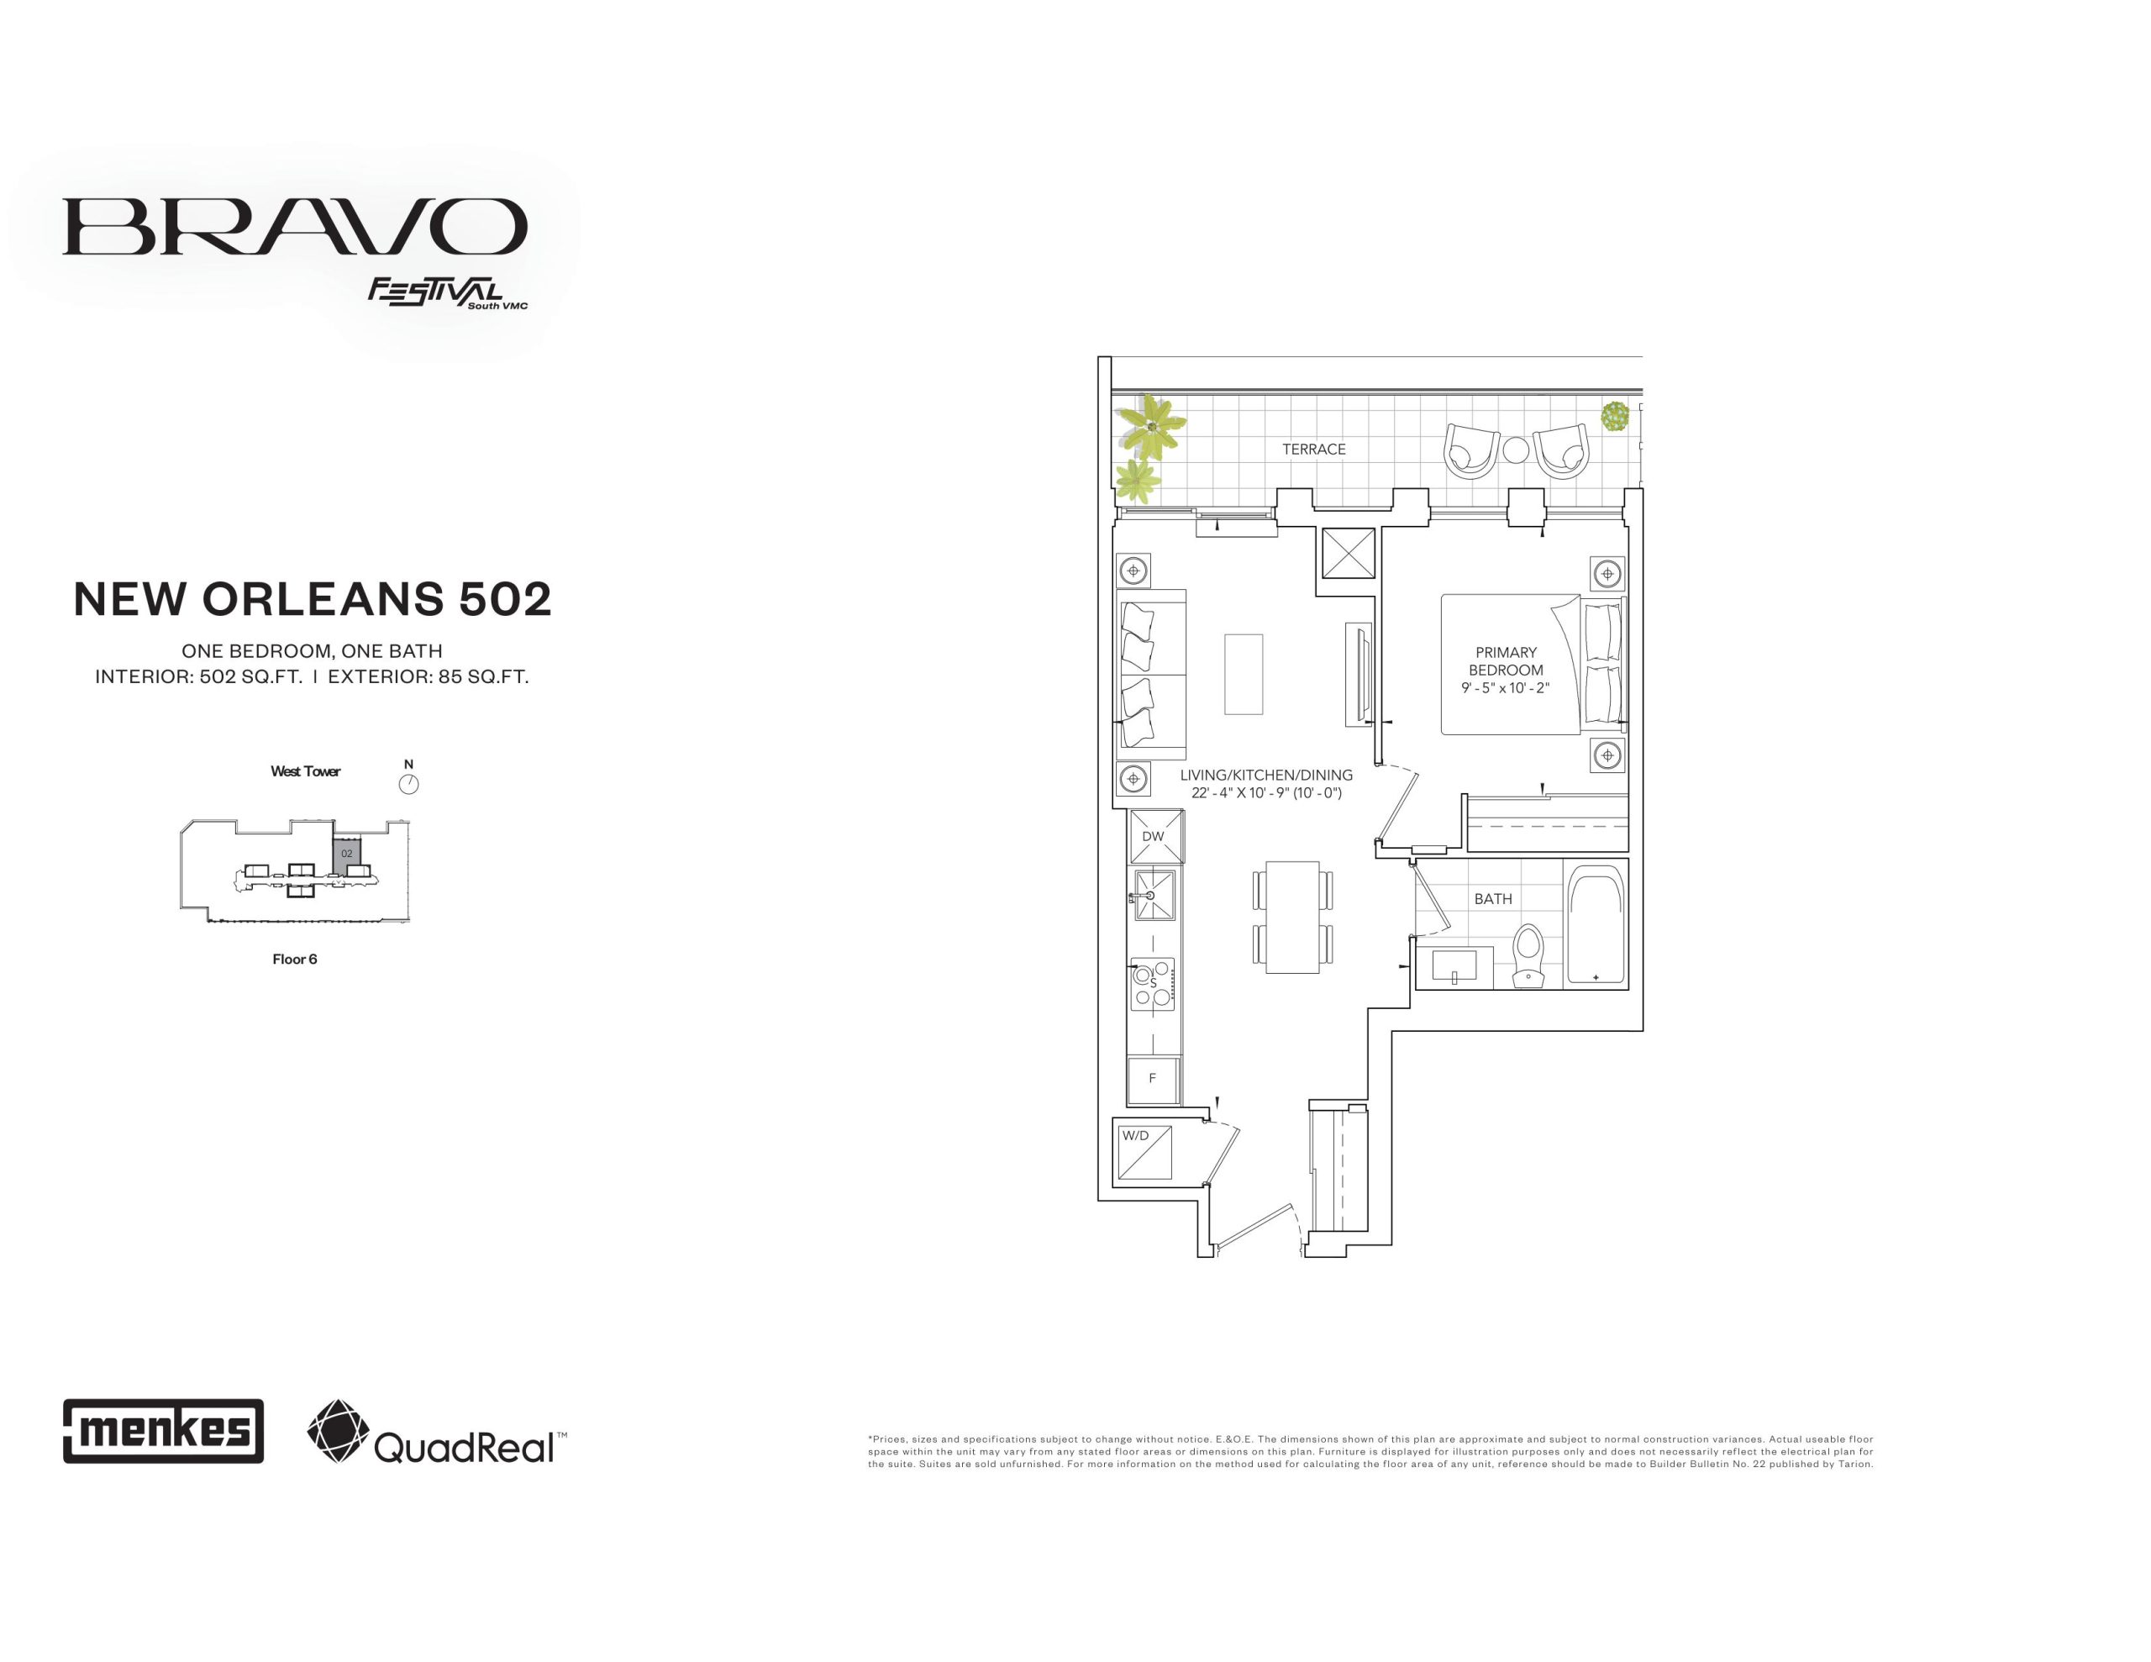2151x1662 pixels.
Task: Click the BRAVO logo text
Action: [294, 228]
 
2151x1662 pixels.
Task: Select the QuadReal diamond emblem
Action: [339, 1430]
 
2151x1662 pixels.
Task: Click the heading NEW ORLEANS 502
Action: [313, 599]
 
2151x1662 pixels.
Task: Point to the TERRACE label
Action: [1314, 450]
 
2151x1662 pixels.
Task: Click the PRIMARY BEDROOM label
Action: [1506, 661]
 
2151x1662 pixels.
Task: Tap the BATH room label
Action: [1493, 898]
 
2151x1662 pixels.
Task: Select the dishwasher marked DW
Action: [1156, 836]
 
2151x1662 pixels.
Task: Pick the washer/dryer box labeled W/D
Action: [1145, 1152]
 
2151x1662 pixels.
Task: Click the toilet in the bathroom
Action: [1528, 955]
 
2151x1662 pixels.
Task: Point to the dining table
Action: [1292, 918]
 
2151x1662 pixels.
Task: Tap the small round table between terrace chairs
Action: [1516, 450]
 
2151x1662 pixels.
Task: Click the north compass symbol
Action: [408, 784]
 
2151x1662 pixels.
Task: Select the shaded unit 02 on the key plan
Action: [348, 853]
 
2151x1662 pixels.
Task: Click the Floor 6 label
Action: [294, 959]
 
